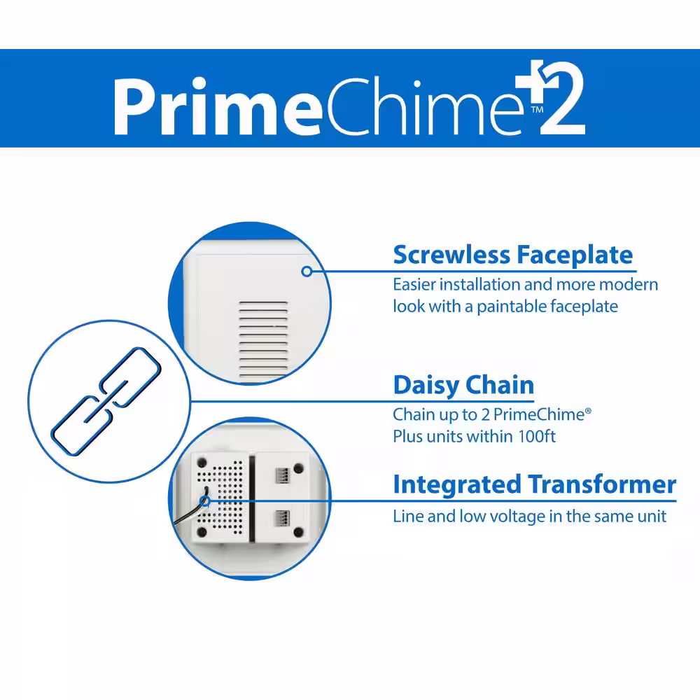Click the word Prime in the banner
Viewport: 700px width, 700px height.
(x=218, y=106)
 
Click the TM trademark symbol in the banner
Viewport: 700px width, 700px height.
(x=537, y=110)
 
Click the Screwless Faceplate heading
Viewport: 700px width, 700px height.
(x=513, y=255)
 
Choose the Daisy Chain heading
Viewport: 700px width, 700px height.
(x=463, y=385)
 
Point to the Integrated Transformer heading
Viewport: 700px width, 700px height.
(x=534, y=484)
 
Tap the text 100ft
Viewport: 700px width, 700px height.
(x=537, y=436)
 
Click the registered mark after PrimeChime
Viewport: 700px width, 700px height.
(x=588, y=411)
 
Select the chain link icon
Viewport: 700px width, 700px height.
(x=106, y=401)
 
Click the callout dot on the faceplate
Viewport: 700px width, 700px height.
(x=307, y=271)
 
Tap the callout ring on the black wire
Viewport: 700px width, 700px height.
(x=205, y=501)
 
